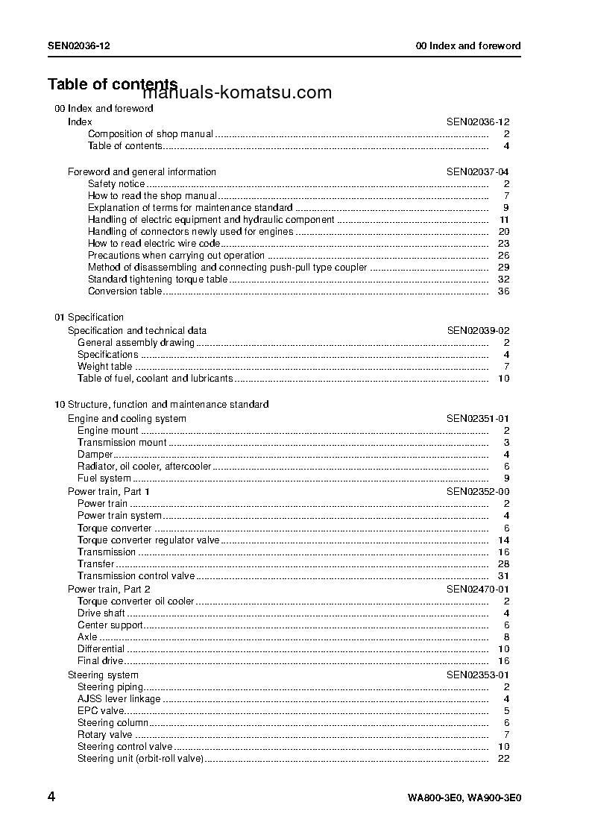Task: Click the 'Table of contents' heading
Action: pyautogui.click(x=112, y=83)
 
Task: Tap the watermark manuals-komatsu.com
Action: pyautogui.click(x=237, y=93)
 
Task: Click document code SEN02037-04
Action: pyautogui.click(x=478, y=171)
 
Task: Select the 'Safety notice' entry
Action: pyautogui.click(x=116, y=183)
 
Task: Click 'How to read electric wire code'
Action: pyautogui.click(x=154, y=243)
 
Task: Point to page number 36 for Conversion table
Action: pyautogui.click(x=503, y=291)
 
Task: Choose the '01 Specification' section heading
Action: pyautogui.click(x=89, y=317)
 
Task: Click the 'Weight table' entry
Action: pyautogui.click(x=104, y=366)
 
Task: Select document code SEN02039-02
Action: pyautogui.click(x=478, y=330)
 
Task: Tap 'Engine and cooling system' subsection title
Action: pyautogui.click(x=127, y=418)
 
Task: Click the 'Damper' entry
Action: pyautogui.click(x=95, y=454)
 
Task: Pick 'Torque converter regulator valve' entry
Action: pyautogui.click(x=148, y=540)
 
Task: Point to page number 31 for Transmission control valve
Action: pyautogui.click(x=503, y=575)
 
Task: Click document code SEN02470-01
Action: pyautogui.click(x=478, y=589)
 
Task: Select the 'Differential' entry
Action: pyautogui.click(x=101, y=648)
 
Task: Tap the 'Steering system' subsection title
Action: pyautogui.click(x=103, y=675)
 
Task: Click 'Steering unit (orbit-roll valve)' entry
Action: pyautogui.click(x=140, y=758)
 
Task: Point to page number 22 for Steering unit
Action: pyautogui.click(x=503, y=758)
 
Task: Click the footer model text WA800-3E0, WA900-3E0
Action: pyautogui.click(x=464, y=797)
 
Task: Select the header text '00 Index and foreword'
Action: pyautogui.click(x=467, y=45)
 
